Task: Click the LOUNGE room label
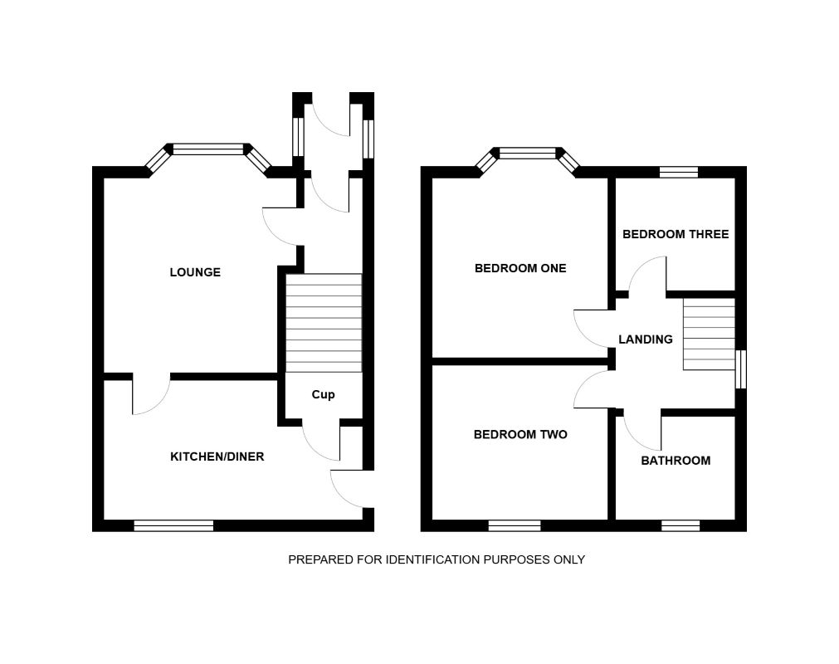[195, 272]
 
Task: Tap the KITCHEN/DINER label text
[217, 456]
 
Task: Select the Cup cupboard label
[323, 394]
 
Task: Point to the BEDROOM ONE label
[520, 268]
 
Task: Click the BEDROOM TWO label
[520, 434]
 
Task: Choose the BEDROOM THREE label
[676, 234]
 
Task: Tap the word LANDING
[646, 339]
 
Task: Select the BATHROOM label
[676, 461]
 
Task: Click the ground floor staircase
[324, 323]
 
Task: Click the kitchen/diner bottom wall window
[173, 525]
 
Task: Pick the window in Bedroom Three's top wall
[679, 173]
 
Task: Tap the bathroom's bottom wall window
[680, 525]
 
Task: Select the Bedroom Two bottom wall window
[515, 525]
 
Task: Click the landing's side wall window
[741, 369]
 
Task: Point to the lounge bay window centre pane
[208, 149]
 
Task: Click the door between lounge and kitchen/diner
[150, 395]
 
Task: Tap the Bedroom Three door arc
[648, 276]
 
